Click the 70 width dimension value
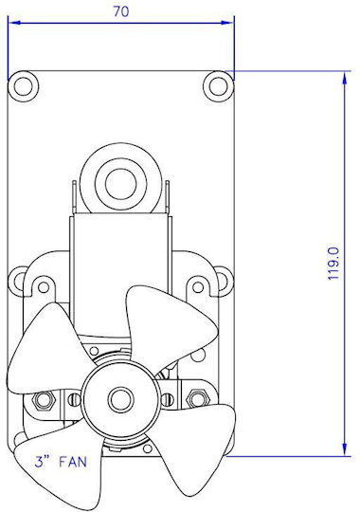click(121, 11)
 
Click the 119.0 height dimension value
click(333, 264)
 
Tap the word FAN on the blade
click(73, 462)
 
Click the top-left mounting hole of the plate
click(23, 86)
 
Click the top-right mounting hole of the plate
click(218, 86)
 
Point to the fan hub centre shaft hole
click(121, 399)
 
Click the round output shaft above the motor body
click(120, 184)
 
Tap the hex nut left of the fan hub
click(43, 399)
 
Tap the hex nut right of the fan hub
click(197, 398)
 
